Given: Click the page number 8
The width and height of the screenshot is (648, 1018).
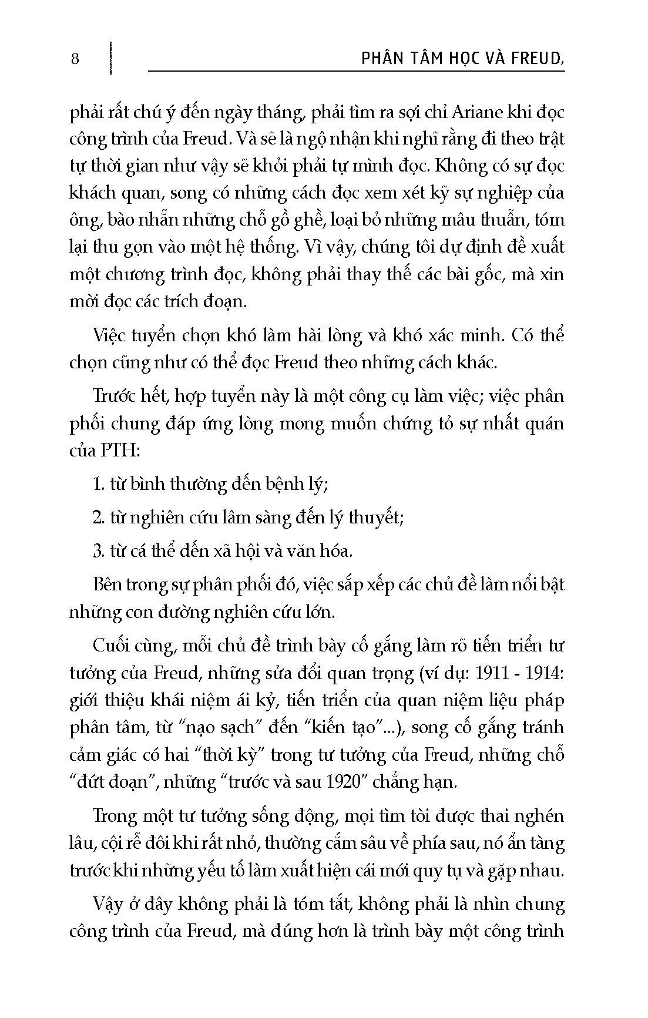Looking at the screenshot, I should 75,59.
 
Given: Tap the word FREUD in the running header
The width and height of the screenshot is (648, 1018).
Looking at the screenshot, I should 538,59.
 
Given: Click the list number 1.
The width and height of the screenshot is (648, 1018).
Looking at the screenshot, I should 98,485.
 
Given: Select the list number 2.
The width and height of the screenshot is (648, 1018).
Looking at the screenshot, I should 98,518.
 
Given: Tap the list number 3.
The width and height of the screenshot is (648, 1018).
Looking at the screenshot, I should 98,551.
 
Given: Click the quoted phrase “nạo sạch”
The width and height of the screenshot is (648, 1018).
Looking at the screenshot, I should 227,728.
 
